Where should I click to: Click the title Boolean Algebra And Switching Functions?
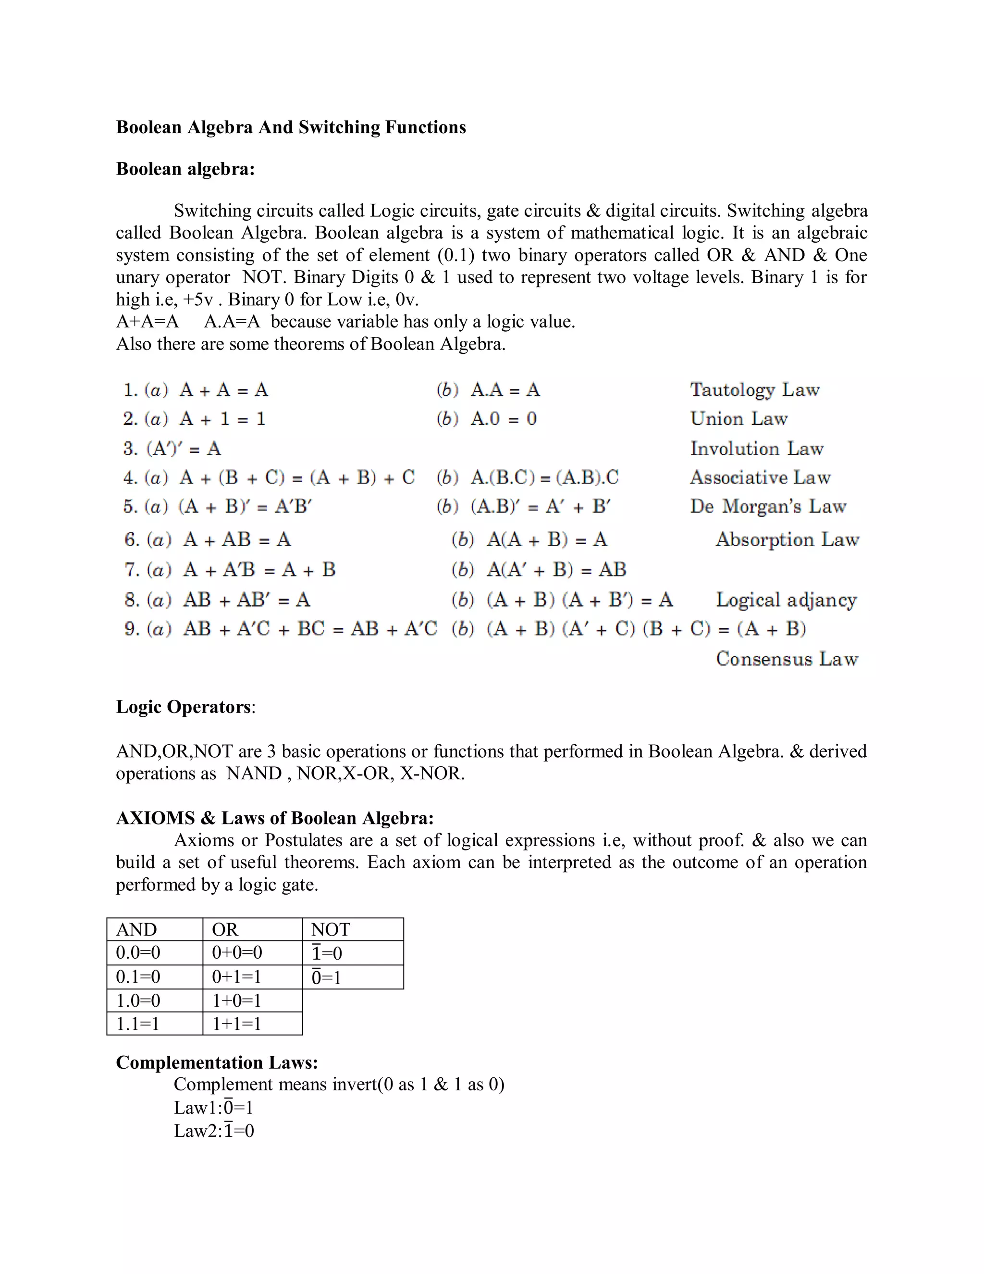(291, 127)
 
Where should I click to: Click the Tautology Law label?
(754, 390)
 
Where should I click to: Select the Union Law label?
(738, 419)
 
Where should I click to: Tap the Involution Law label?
(757, 449)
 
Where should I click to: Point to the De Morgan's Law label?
(768, 506)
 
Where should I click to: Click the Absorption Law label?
(787, 539)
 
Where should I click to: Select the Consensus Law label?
(787, 659)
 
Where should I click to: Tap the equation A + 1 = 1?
(222, 419)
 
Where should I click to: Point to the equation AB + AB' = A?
(246, 600)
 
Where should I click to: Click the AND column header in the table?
(136, 930)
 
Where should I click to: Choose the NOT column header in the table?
(331, 930)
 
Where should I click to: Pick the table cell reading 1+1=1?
(237, 1024)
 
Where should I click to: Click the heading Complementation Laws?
(217, 1062)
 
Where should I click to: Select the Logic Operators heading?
(184, 707)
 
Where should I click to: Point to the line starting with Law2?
(214, 1131)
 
